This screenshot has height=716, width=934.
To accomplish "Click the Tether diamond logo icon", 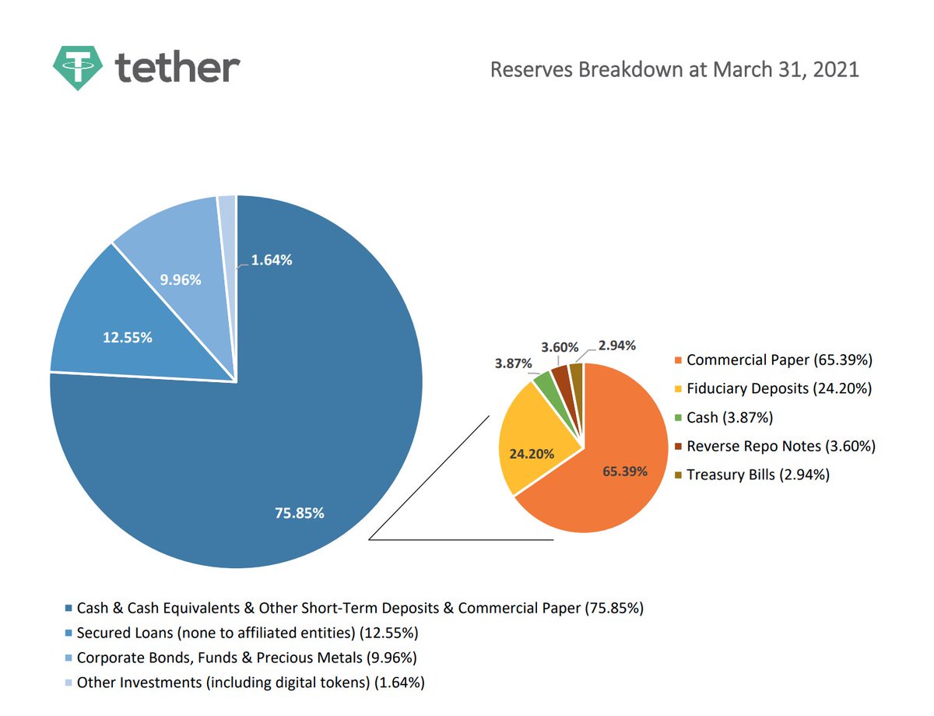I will tap(78, 67).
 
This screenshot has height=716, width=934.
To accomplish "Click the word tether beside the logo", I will tap(177, 68).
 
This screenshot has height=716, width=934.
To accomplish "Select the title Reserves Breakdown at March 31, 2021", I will tap(674, 69).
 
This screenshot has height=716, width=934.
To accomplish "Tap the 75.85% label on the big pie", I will tap(300, 513).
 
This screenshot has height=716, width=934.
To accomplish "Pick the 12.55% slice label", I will tap(128, 338).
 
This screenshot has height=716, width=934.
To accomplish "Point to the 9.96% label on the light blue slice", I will tap(181, 279).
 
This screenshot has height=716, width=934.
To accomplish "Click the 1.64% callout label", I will tap(272, 261).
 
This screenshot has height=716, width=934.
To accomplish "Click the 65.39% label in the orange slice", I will tap(625, 471).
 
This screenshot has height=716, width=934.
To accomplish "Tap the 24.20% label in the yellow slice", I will tap(532, 454).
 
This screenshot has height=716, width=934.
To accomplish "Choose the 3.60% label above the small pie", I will tap(560, 345).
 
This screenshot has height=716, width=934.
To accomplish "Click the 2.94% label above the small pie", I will tap(617, 345).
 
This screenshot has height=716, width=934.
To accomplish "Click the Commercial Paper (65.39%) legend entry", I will tap(779, 360).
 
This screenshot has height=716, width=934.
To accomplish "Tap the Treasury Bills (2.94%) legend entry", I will tap(757, 474).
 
